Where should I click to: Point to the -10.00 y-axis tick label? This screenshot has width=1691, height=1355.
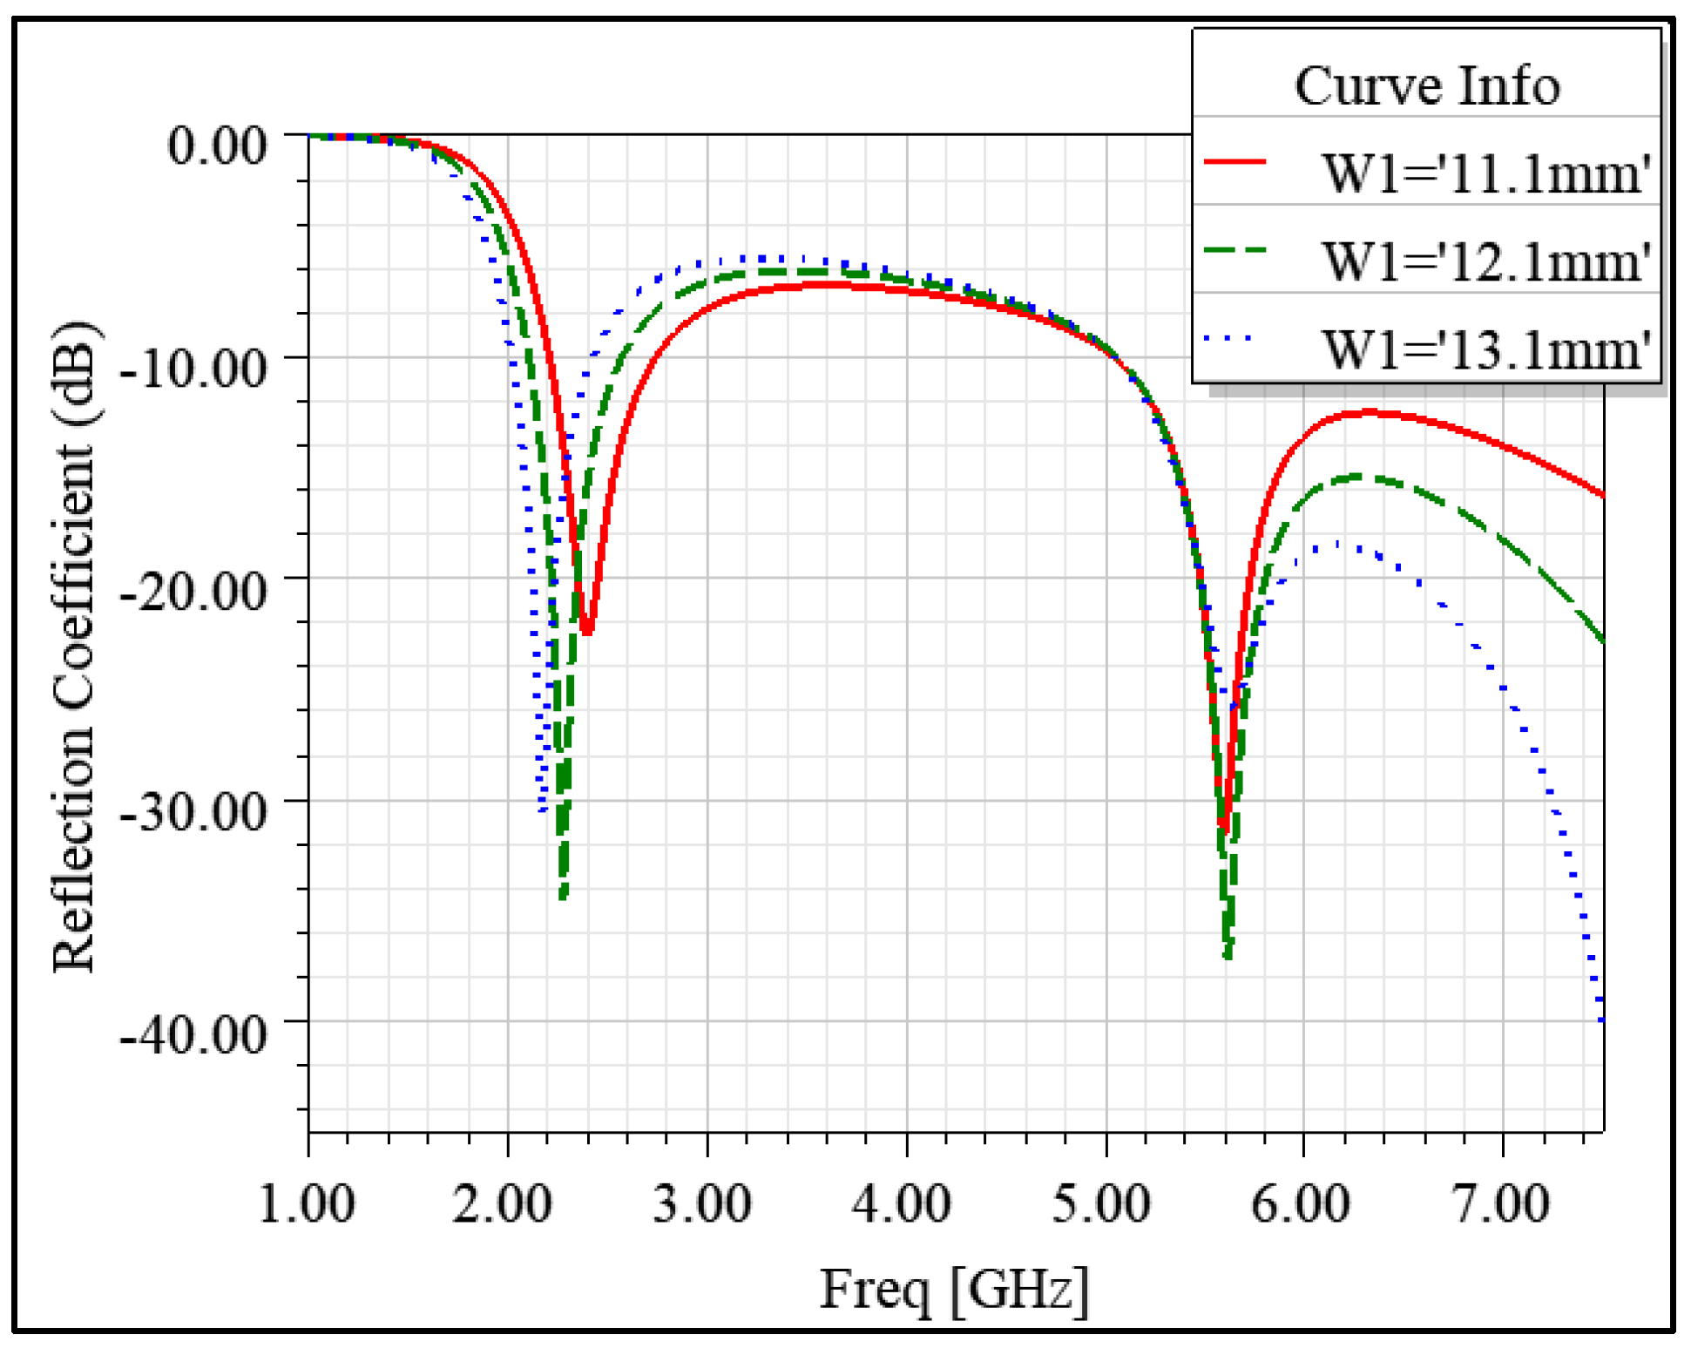pos(193,368)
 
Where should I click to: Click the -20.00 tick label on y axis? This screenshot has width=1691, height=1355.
pos(193,590)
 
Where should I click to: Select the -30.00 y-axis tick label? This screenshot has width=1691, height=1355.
pos(193,811)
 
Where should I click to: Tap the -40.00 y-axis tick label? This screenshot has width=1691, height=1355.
pos(193,1033)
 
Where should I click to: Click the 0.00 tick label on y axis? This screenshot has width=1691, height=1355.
pos(216,145)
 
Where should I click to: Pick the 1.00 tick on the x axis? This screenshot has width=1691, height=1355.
pos(308,1203)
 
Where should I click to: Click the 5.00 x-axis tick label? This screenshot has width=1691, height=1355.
pos(1102,1203)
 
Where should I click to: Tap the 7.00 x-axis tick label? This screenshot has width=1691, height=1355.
pos(1501,1203)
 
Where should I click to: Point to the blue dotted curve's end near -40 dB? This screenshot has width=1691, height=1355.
pos(1601,1018)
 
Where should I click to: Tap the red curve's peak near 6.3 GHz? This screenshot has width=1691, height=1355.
pos(1370,411)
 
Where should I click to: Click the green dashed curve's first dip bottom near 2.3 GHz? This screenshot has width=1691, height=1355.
pos(564,896)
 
